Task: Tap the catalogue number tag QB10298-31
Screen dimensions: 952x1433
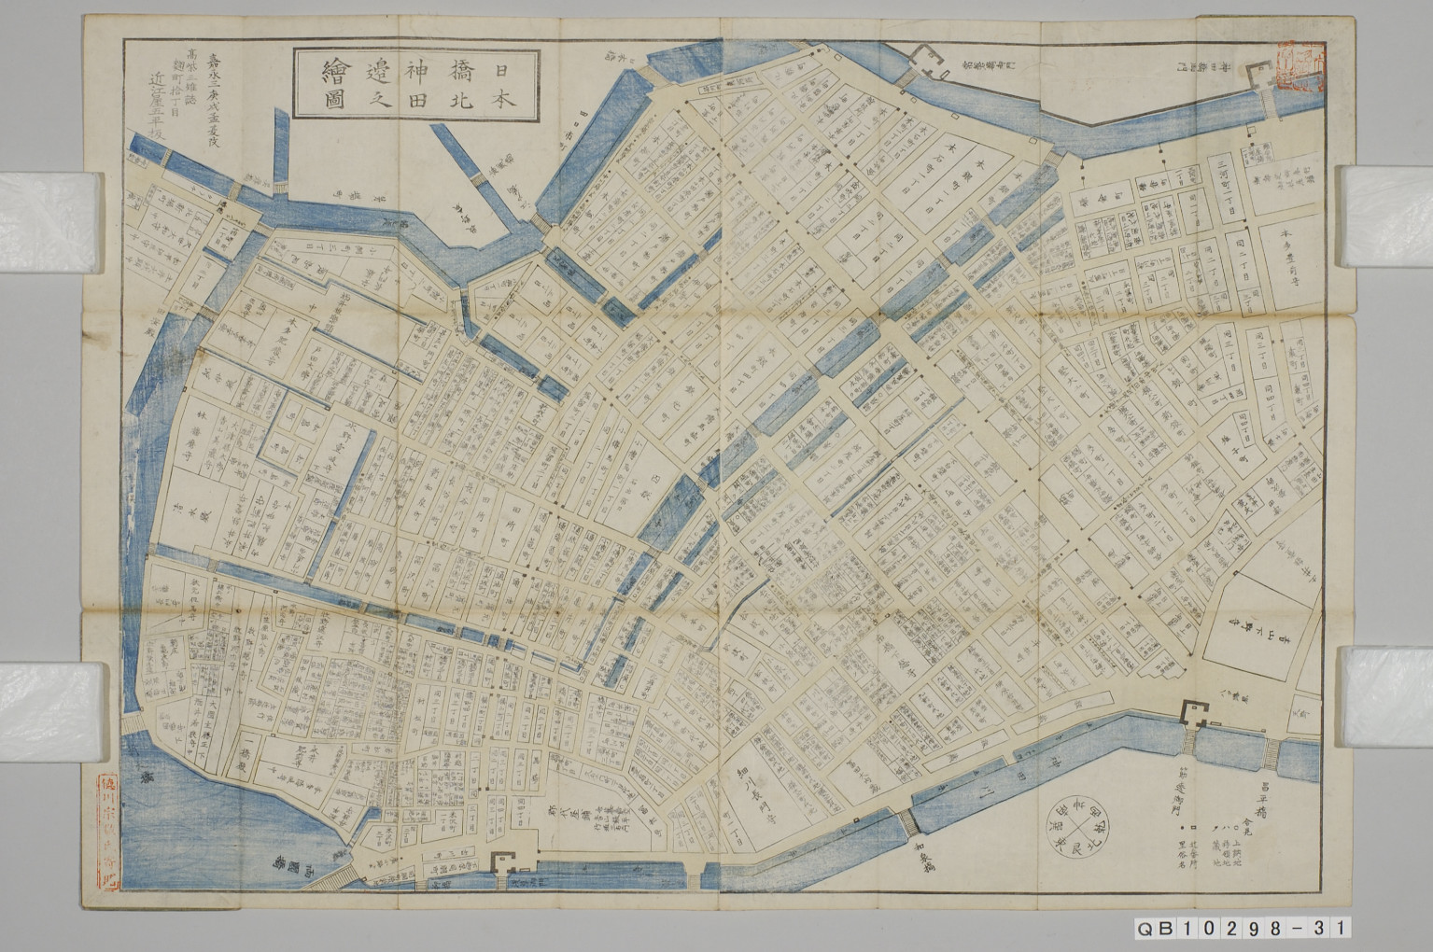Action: (1242, 929)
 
